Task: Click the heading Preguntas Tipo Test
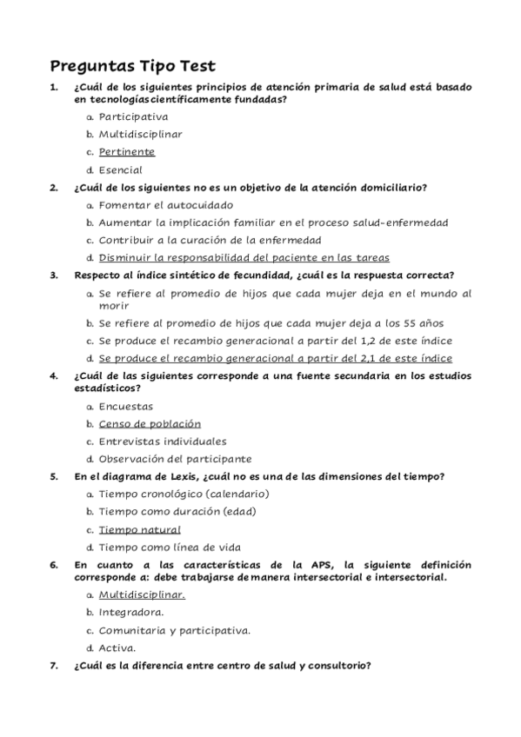(133, 66)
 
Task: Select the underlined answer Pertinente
(126, 152)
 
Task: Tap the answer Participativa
(133, 116)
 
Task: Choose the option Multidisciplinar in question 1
(140, 135)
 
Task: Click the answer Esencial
(120, 170)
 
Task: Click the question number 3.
(54, 275)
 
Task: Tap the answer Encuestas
(125, 406)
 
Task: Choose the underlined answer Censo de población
(150, 423)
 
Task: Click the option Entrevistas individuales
(162, 441)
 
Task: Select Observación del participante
(175, 459)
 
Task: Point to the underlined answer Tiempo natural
(139, 529)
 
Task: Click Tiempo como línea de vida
(170, 548)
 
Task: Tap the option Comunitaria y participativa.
(174, 630)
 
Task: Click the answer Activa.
(117, 647)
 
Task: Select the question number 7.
(54, 666)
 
